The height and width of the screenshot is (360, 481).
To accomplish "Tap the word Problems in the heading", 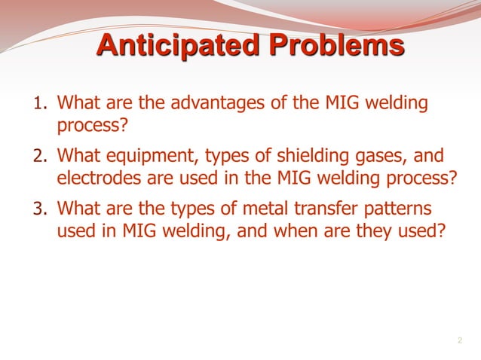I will (333, 47).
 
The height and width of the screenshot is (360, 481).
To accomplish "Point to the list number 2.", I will (40, 157).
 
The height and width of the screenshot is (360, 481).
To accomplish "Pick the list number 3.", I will (40, 209).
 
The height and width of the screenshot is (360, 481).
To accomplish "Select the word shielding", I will (332, 156).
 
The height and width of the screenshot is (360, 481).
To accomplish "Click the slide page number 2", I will (459, 341).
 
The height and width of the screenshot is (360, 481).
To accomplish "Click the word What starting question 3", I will (79, 208).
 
